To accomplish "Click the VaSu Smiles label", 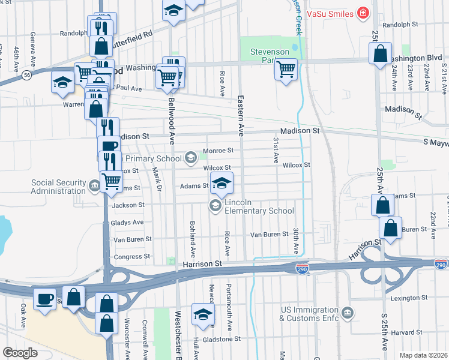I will [x=328, y=13].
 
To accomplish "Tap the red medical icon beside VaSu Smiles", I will [x=363, y=13].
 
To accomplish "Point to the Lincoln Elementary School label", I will [x=259, y=206].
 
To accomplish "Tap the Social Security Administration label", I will [x=59, y=187].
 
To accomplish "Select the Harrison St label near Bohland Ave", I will [x=202, y=263].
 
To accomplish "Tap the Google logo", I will [x=20, y=353].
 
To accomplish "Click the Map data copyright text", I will [x=423, y=355].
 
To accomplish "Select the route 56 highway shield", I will [x=28, y=74].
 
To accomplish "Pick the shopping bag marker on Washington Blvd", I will [x=381, y=53].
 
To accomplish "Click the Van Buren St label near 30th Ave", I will [x=269, y=234].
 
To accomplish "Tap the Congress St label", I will [x=127, y=256].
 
